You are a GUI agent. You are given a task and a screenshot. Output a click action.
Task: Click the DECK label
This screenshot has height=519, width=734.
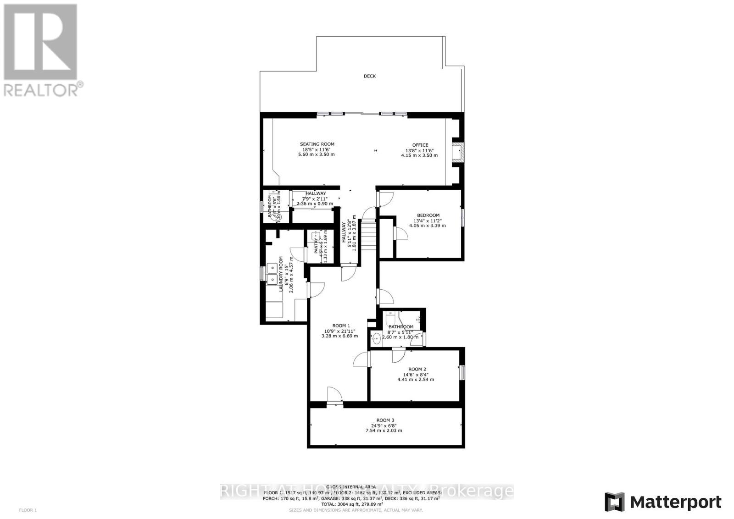369,76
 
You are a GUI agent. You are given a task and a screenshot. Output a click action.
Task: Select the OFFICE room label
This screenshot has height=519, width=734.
419,145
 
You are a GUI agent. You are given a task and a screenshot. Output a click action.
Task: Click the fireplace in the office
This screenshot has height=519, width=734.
457,151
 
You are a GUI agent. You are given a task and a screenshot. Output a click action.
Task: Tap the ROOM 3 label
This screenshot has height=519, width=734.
385,420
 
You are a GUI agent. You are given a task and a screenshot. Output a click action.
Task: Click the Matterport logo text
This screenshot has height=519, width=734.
676,502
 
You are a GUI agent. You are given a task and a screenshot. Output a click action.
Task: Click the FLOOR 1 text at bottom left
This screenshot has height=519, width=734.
28,510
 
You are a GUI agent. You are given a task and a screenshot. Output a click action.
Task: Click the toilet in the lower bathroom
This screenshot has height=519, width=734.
389,317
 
